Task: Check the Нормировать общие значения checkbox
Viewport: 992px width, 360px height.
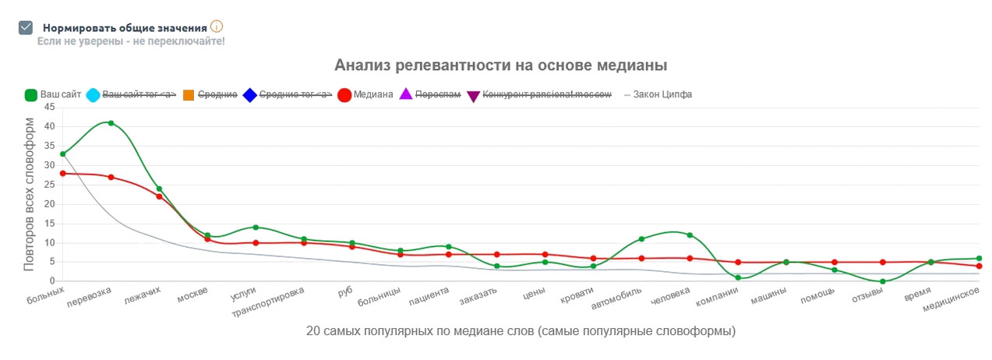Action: [x=26, y=27]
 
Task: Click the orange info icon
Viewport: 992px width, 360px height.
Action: [x=217, y=26]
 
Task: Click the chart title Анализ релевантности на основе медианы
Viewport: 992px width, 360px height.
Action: [x=500, y=65]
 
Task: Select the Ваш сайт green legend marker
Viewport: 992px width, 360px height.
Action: [x=31, y=95]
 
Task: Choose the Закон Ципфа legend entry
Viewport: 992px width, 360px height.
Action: [x=658, y=95]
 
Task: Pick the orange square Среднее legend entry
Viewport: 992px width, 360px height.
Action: [x=189, y=95]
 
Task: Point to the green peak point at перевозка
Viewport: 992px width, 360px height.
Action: [x=111, y=123]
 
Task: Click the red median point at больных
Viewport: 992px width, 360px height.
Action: [x=62, y=173]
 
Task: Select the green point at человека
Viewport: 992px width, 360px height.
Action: [x=690, y=235]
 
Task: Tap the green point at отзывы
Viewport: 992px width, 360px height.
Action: [x=883, y=281]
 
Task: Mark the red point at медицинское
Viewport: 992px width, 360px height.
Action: [x=979, y=266]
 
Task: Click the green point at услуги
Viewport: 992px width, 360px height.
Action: [x=256, y=228]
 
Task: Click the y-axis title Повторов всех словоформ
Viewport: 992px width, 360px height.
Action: [x=30, y=194]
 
